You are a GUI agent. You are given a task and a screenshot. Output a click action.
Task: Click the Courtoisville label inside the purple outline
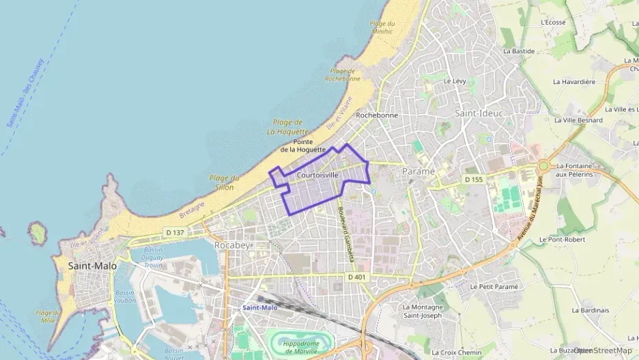pos(318,176)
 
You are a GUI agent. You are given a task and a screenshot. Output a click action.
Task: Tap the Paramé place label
pos(418,171)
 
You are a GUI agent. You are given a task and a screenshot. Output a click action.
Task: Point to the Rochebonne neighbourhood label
pos(377,115)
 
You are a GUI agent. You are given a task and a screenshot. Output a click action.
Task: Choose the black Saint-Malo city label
pos(93,266)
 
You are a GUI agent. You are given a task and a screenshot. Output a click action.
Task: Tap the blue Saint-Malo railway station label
pos(259,307)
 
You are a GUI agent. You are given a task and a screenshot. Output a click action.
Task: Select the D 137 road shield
pos(175,232)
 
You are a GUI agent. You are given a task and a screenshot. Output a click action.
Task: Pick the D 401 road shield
pos(356,277)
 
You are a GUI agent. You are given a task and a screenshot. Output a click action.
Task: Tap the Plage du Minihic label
pos(382,28)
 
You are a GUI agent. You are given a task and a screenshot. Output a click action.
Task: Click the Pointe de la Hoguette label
pos(302,146)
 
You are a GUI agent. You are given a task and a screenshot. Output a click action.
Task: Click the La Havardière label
pos(574,81)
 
